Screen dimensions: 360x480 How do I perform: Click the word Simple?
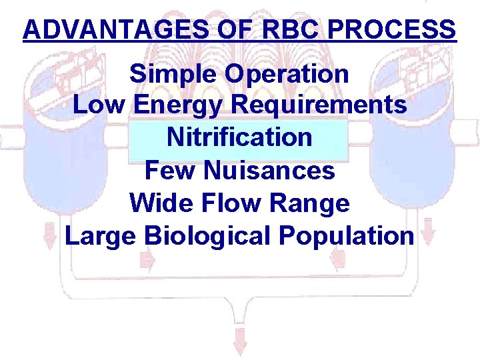[174, 74]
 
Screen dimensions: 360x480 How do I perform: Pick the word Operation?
[287, 74]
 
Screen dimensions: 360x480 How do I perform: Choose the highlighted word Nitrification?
[239, 137]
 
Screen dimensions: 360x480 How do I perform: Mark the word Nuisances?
[269, 171]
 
